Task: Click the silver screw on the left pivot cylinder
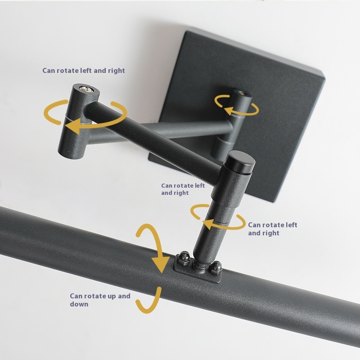(86, 89)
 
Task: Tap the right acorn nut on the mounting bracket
(216, 267)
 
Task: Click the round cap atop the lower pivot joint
(240, 162)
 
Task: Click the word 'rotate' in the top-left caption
(67, 71)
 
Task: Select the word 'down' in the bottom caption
(79, 304)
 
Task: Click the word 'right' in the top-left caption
(116, 71)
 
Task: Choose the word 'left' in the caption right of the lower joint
(291, 225)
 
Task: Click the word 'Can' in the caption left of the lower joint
(167, 185)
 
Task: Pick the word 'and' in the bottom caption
(124, 296)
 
